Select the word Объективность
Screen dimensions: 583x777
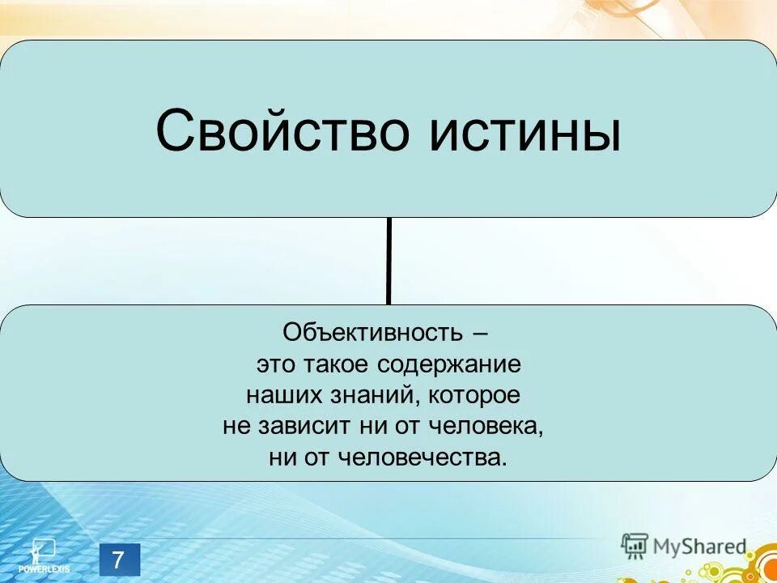click(372, 333)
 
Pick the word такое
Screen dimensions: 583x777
click(337, 364)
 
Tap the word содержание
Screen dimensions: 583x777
click(448, 364)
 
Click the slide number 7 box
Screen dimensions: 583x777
click(120, 560)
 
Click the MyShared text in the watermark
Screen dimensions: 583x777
click(699, 547)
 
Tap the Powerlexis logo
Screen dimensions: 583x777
click(41, 555)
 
